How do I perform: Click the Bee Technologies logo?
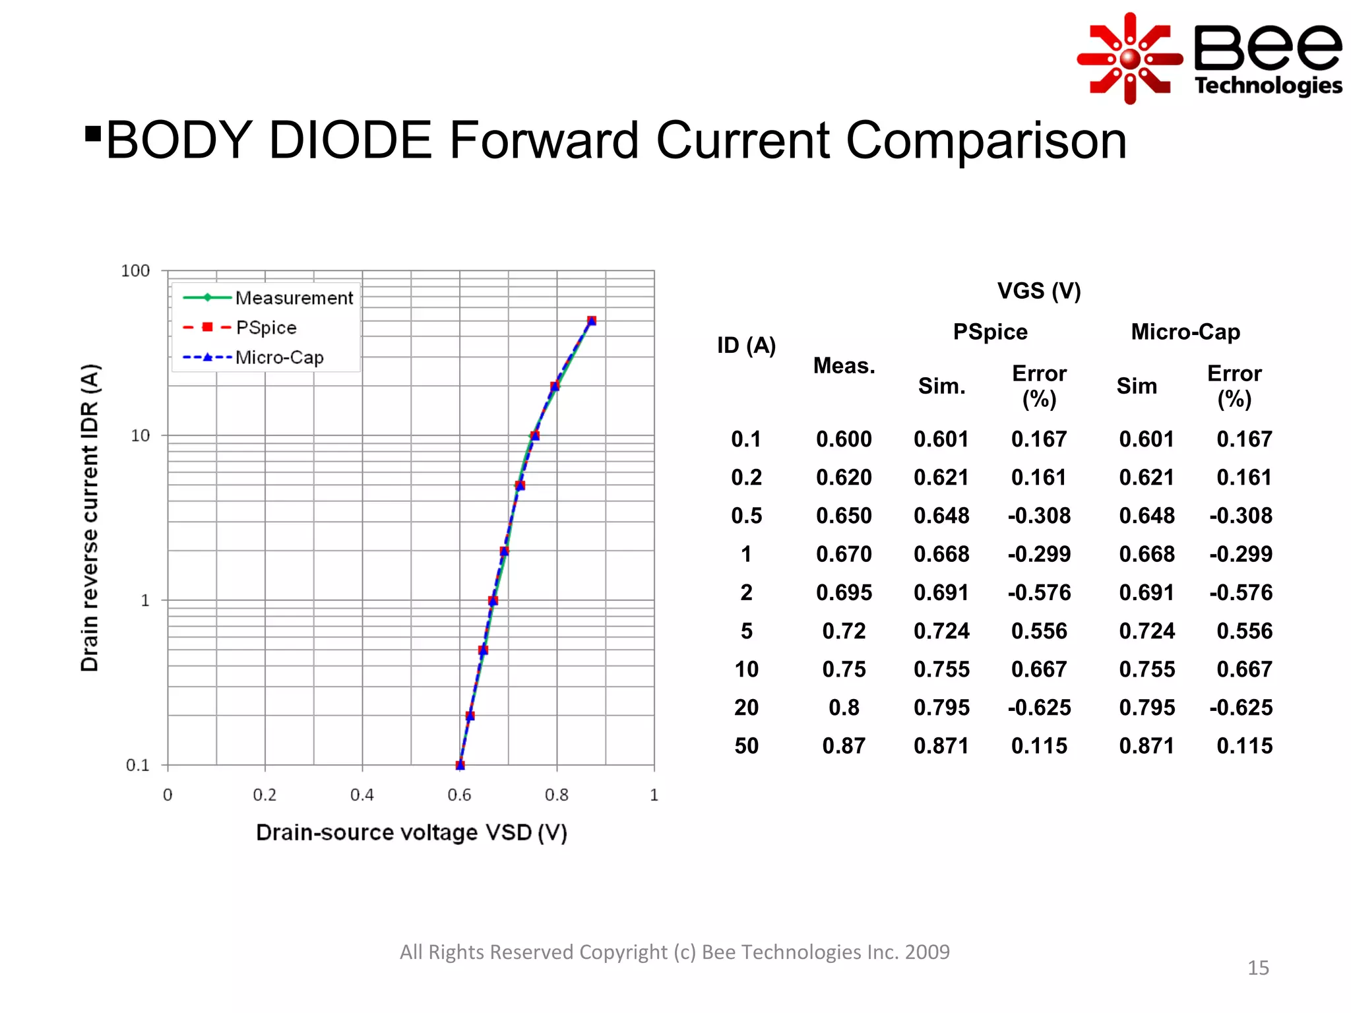1209,58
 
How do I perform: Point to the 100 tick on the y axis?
135,271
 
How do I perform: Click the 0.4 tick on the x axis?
361,795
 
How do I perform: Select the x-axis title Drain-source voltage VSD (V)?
411,832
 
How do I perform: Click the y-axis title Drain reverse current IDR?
90,518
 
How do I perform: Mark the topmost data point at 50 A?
592,321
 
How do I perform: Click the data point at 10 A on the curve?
535,435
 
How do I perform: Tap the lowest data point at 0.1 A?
460,765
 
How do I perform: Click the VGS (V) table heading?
1038,291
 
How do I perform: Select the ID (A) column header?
746,345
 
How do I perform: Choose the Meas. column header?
844,365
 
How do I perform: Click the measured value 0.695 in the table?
844,592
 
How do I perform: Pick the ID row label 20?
746,708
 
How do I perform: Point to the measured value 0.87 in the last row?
844,746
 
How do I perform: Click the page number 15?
1257,967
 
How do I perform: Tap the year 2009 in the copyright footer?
927,952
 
